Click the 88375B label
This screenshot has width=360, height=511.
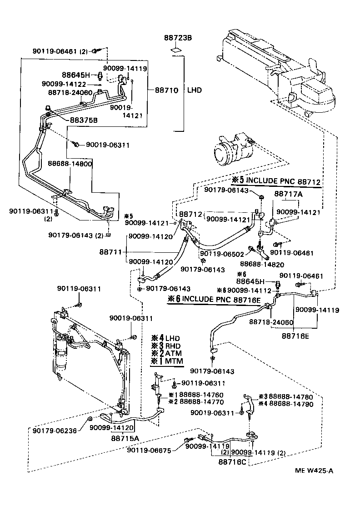tap(84, 120)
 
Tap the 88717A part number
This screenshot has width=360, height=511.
tap(288, 194)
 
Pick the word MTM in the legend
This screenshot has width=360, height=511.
tap(174, 361)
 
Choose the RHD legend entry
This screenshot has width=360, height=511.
tap(174, 346)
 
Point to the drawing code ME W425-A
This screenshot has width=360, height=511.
tap(310, 471)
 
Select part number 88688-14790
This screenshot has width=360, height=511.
tap(291, 403)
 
